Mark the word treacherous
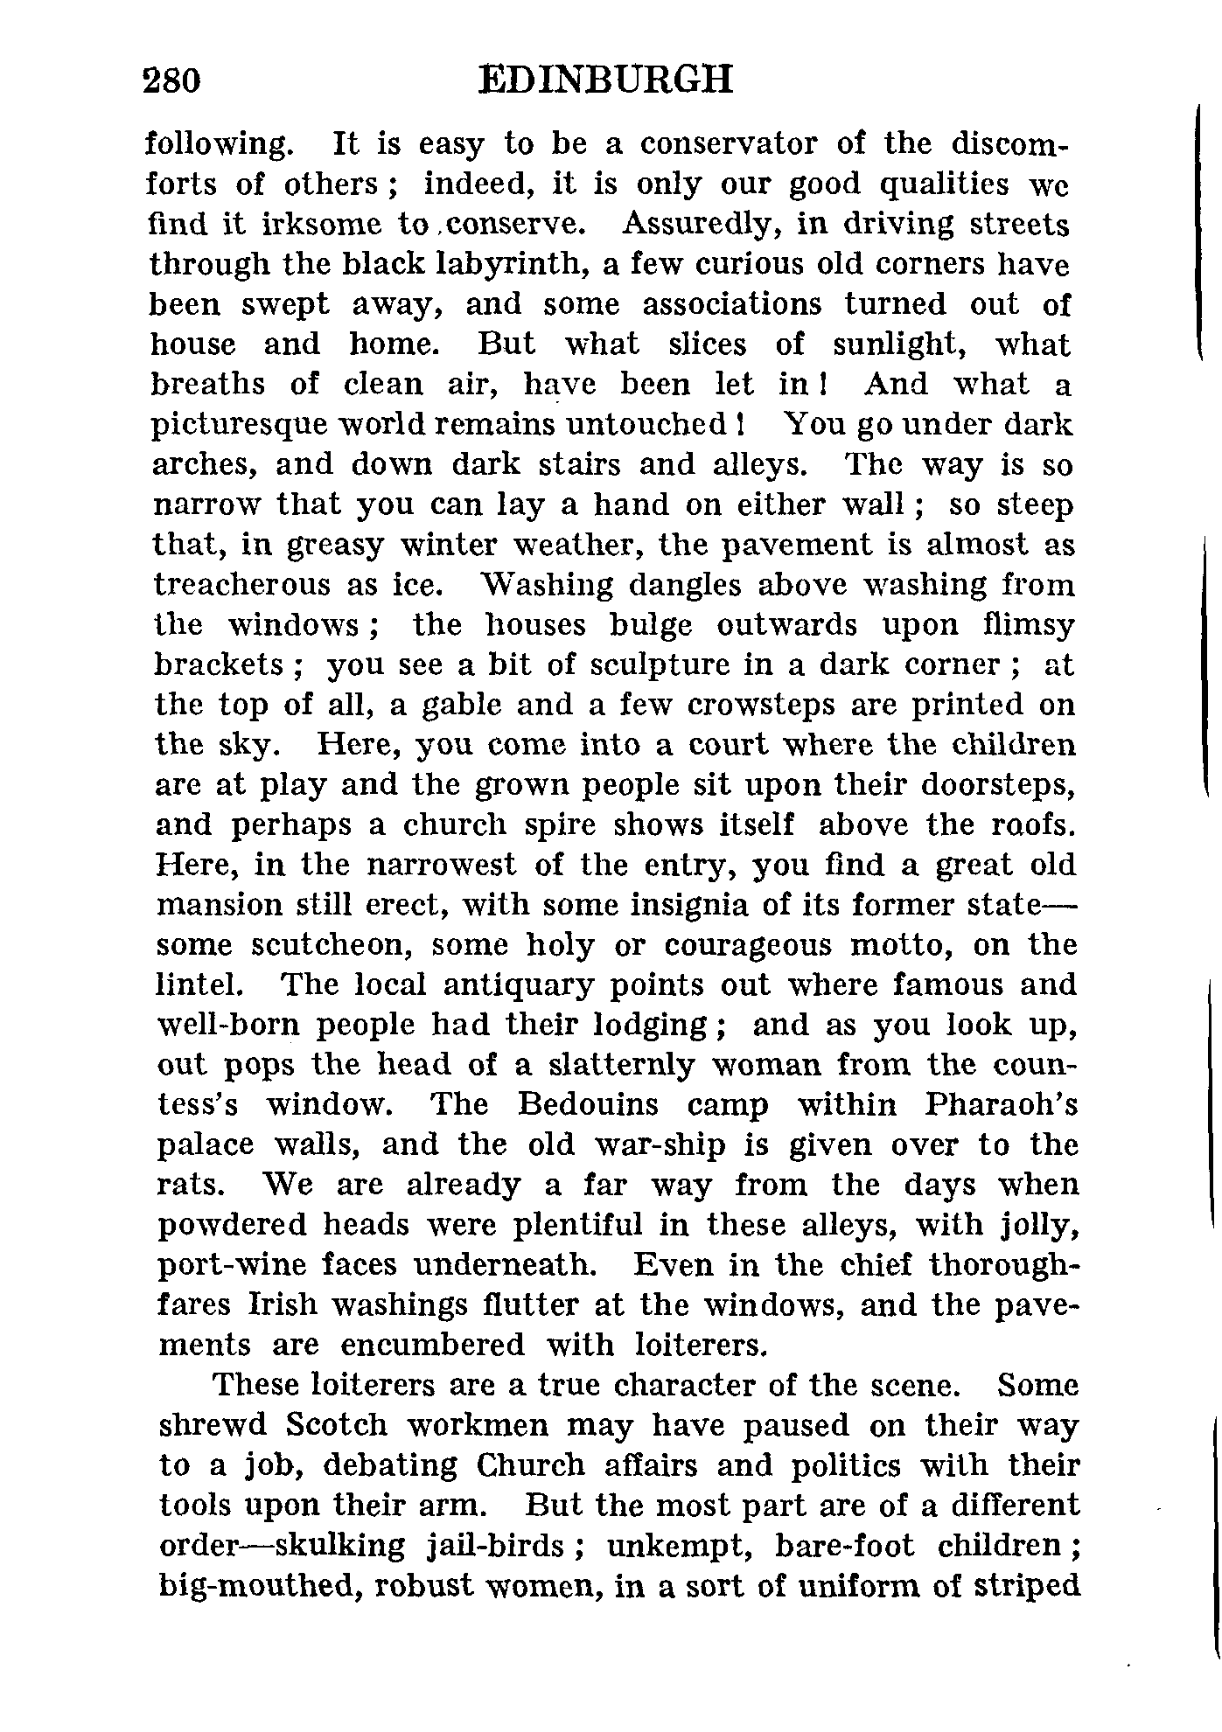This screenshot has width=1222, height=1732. (242, 586)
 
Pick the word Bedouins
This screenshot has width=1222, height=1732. (588, 1105)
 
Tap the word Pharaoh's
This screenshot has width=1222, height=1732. (1001, 1105)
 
